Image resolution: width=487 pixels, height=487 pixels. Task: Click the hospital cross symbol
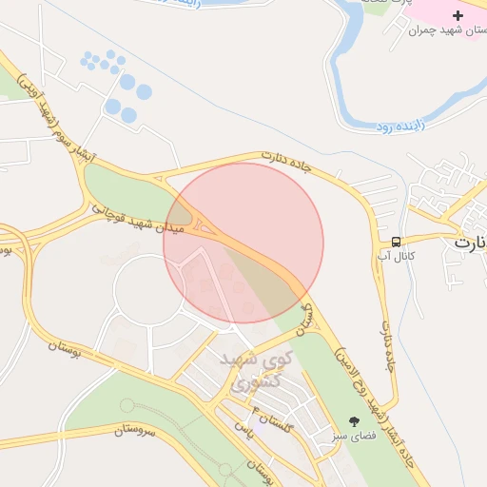[458, 15]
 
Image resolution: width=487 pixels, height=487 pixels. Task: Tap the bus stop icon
[396, 241]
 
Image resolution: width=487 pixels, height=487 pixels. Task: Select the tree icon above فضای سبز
[355, 420]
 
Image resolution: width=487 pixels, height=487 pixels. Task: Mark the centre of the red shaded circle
[243, 243]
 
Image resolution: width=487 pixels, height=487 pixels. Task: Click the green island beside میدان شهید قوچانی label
[124, 190]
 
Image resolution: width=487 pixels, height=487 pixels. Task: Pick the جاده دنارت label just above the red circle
[286, 163]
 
